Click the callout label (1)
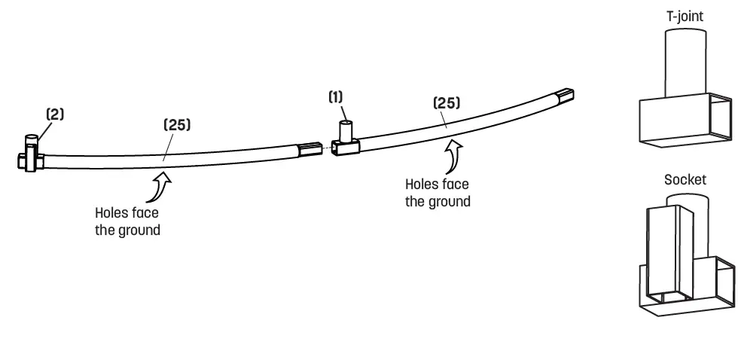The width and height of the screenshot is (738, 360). (x=335, y=98)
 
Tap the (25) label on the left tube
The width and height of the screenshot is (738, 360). (x=177, y=124)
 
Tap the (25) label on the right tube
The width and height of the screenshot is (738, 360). (x=446, y=103)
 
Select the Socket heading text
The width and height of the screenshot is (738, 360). (x=685, y=180)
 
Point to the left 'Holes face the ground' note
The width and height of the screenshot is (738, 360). (x=127, y=221)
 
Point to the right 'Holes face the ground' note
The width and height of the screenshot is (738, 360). (x=438, y=192)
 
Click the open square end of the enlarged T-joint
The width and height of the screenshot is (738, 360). (x=721, y=119)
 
